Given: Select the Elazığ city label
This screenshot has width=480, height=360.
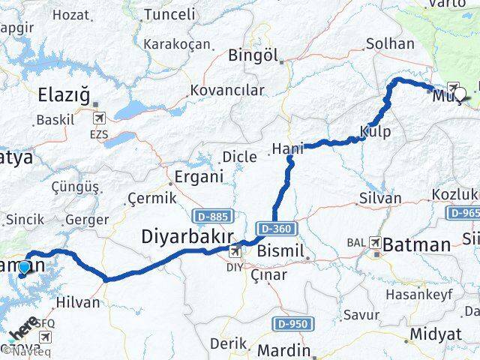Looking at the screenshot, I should [64, 95].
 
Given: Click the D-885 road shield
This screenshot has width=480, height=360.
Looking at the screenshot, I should [209, 215].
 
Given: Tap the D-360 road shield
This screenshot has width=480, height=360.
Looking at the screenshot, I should [277, 228].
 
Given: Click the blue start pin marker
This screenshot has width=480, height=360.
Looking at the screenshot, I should [25, 268].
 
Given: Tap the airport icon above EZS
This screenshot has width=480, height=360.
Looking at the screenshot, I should [100, 118].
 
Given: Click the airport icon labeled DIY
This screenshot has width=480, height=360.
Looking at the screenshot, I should [235, 251].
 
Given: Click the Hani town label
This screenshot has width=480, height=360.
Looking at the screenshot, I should [287, 148].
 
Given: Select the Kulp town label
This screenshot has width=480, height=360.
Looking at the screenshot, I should [375, 131].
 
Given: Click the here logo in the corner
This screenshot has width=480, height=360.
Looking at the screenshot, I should [25, 328].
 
